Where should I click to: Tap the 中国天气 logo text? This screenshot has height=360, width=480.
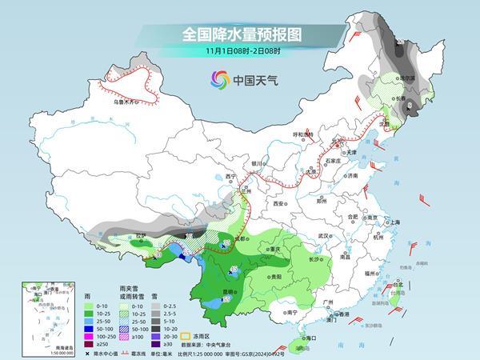[x=253, y=79]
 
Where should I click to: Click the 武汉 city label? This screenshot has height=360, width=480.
[x=323, y=237]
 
